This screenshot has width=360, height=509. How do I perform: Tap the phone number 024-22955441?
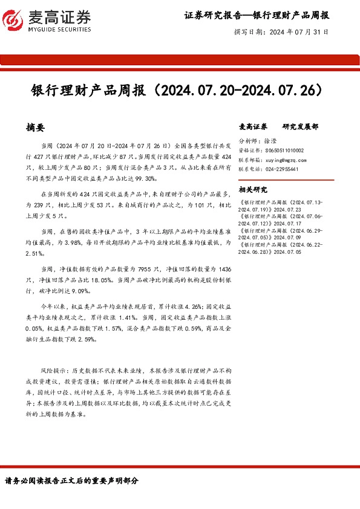[x=281, y=170]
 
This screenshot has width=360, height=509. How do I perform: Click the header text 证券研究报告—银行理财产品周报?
[x=257, y=15]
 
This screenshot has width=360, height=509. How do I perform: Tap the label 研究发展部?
[x=300, y=128]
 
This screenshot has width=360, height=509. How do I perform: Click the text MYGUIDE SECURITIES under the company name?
[x=59, y=29]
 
